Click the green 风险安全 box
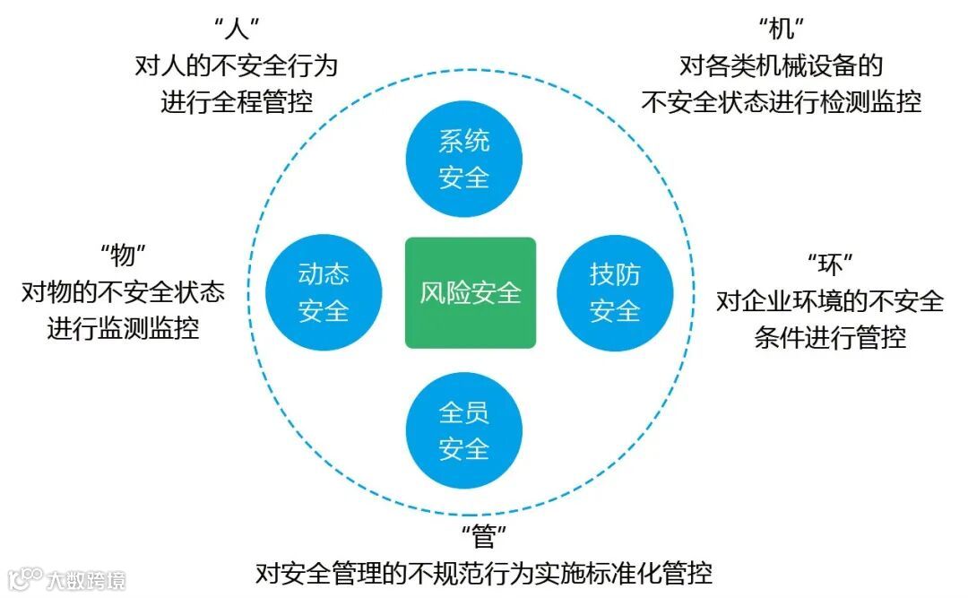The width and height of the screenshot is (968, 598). click(471, 292)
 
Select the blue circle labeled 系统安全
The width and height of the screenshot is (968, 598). click(464, 159)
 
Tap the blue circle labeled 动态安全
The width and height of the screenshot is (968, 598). click(324, 292)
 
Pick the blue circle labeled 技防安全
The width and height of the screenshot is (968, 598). click(615, 292)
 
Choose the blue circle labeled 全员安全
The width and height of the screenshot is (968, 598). click(464, 430)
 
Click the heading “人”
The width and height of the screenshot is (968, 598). click(236, 30)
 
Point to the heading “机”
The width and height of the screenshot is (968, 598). click(781, 30)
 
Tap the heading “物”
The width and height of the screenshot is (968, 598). click(122, 256)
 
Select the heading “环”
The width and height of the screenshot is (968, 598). click(829, 264)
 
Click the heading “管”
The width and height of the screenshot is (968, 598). click(484, 537)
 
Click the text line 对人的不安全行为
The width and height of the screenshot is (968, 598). click(236, 65)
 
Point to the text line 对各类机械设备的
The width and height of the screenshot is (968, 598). click(781, 65)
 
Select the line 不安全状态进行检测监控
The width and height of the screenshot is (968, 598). click(781, 101)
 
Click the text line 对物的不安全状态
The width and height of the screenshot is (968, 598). click(123, 292)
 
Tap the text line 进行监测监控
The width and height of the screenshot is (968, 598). click(123, 328)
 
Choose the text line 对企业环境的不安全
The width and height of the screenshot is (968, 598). click(829, 301)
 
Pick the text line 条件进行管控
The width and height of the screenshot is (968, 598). click(829, 338)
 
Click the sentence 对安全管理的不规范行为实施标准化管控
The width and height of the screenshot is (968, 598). click(484, 572)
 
